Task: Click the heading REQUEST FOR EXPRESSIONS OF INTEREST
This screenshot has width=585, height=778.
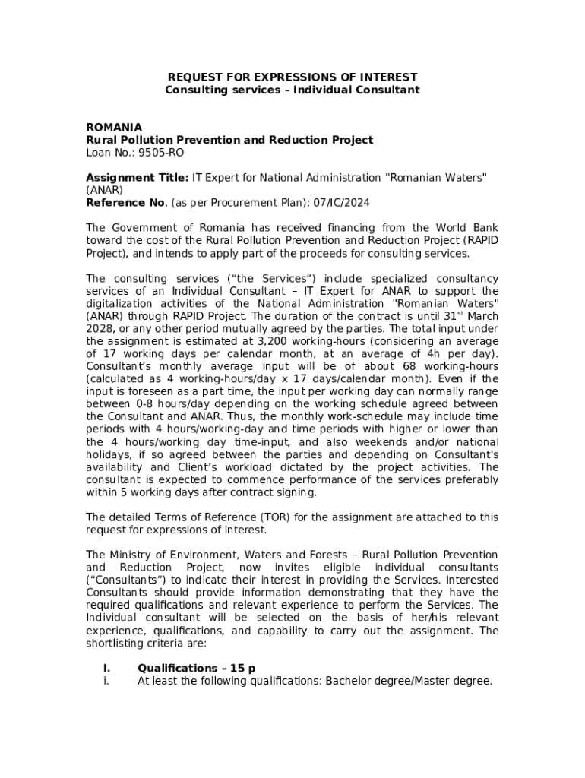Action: tap(292, 77)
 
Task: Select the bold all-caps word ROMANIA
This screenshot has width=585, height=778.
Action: tap(114, 127)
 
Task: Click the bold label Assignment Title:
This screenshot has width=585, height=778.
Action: tap(137, 177)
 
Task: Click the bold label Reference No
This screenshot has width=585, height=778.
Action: tap(125, 202)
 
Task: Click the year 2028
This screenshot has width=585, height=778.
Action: tap(101, 328)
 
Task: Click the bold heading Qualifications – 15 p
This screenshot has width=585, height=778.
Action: tap(196, 668)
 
